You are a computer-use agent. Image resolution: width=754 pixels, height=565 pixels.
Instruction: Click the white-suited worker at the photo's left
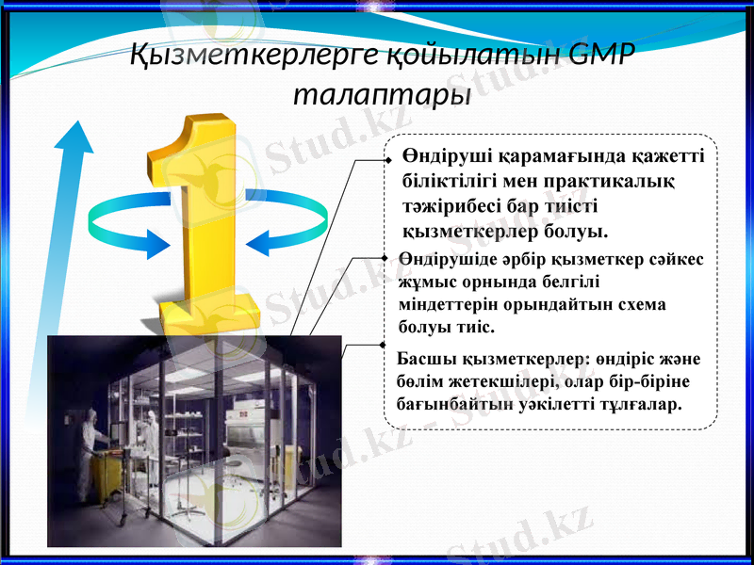click(x=90, y=443)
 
